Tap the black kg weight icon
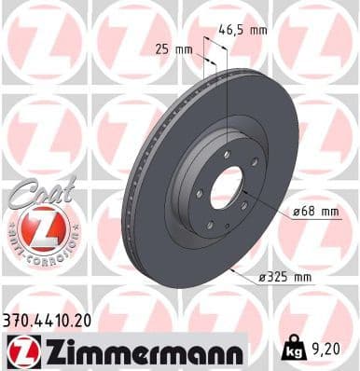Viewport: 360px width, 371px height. [x=294, y=350]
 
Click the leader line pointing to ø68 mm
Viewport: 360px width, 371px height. [x=270, y=213]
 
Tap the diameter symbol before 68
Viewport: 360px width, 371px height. [x=295, y=212]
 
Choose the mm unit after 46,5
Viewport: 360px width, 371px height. [x=257, y=30]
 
